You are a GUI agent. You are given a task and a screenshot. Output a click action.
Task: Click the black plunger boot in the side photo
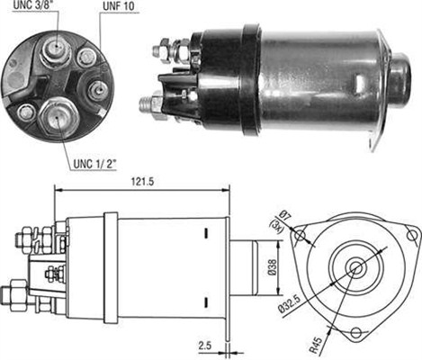click(x=398, y=74)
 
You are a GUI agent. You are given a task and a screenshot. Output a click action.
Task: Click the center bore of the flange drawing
click(x=356, y=267)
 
